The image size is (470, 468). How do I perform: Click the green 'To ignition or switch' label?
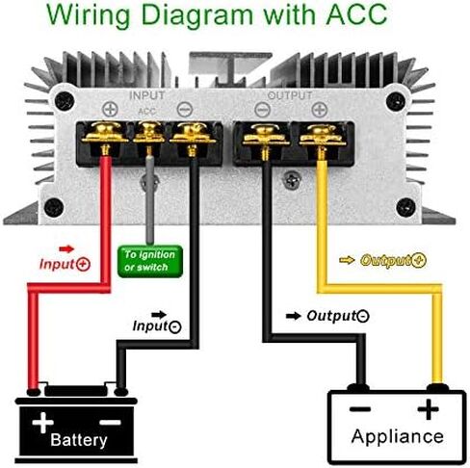click(x=150, y=261)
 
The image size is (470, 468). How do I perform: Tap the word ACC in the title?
click(x=356, y=14)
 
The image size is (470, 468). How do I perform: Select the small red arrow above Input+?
click(x=66, y=248)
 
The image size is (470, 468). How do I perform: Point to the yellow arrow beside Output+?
click(x=347, y=260)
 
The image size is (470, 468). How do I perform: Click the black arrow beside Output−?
click(x=294, y=316)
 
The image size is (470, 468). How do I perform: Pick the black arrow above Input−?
click(x=159, y=315)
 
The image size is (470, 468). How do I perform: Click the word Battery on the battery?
click(x=79, y=440)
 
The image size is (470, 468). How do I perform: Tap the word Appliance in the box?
click(x=398, y=437)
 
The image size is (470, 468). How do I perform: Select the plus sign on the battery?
click(x=42, y=423)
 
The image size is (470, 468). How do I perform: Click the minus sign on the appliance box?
click(x=360, y=409)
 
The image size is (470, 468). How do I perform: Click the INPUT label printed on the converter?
click(x=147, y=95)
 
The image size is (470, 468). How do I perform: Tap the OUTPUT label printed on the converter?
click(x=290, y=95)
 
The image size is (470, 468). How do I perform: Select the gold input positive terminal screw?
click(x=105, y=133)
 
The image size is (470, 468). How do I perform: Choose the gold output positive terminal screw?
click(x=323, y=136)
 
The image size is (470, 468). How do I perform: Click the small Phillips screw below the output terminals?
click(x=292, y=180)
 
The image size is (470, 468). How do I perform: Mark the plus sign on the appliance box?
click(x=428, y=409)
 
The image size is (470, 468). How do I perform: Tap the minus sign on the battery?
click(x=111, y=423)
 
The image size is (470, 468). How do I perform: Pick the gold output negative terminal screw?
click(x=266, y=136)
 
